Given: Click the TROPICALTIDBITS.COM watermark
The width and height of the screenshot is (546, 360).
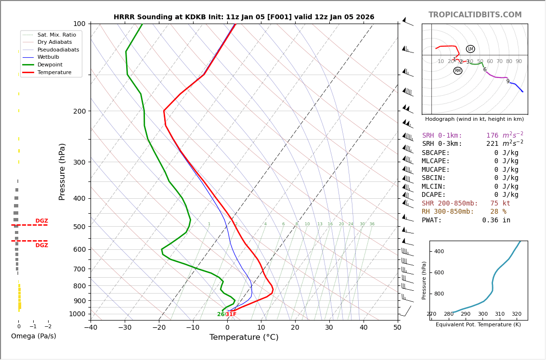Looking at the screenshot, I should (475, 15).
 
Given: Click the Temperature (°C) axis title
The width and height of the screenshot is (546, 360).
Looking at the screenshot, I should (244, 337).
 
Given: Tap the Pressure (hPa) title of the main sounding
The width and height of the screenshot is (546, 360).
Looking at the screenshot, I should (63, 171).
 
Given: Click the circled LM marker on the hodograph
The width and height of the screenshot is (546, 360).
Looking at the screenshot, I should (470, 49).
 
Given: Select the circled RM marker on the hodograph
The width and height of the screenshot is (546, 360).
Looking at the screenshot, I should (458, 71).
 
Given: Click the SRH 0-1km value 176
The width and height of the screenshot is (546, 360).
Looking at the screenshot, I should (492, 136).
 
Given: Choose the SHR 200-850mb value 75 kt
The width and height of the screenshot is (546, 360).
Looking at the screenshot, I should (500, 204).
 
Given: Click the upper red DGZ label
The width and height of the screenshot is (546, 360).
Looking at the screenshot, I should (41, 221).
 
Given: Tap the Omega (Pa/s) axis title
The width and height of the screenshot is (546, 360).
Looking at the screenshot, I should (34, 336).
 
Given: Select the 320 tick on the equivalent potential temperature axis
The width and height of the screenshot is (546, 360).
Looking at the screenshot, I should (516, 314).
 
